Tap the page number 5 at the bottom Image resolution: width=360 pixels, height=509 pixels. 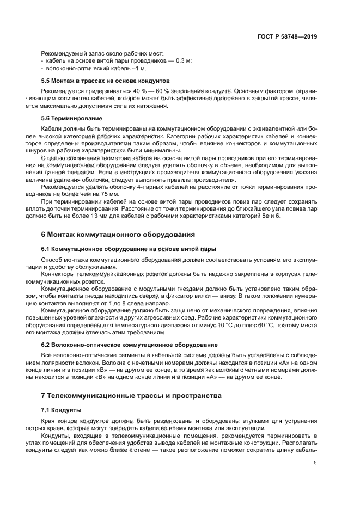click(315, 463)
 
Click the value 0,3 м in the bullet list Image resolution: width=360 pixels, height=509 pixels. click(184, 61)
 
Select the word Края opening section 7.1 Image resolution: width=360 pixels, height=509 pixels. click(49, 421)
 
